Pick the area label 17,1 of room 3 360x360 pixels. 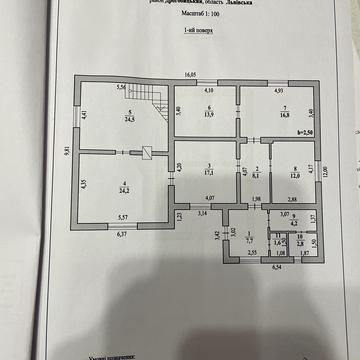(x=206, y=169)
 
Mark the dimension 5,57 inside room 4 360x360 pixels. (x=123, y=217)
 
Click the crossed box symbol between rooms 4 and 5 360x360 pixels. (x=147, y=153)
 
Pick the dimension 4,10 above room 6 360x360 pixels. (x=209, y=91)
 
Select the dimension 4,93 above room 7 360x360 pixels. (x=281, y=91)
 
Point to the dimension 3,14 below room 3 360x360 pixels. (x=201, y=214)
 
